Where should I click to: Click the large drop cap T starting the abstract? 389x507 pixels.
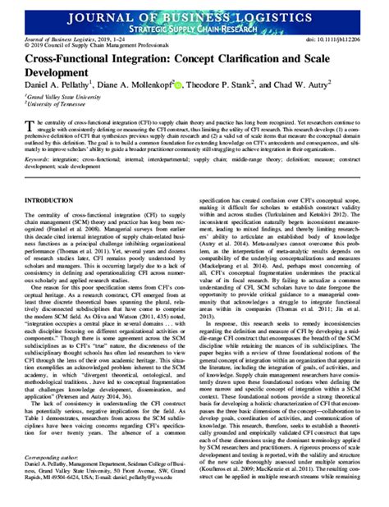33,121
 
